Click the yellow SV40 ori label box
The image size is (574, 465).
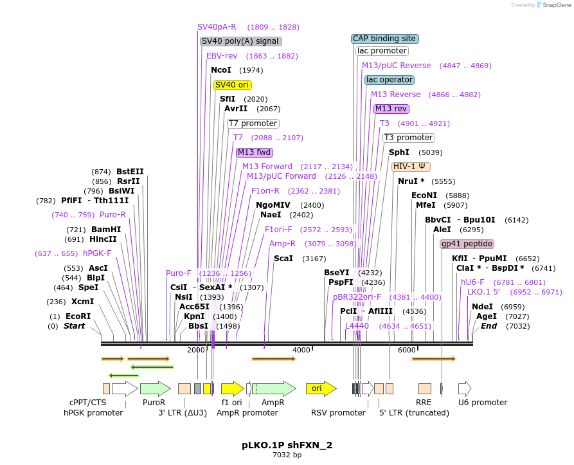(x=233, y=85)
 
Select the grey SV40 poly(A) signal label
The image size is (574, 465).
(x=241, y=41)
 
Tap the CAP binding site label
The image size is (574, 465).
(x=385, y=39)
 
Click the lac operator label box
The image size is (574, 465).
(x=390, y=80)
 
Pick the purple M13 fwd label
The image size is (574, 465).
(x=255, y=152)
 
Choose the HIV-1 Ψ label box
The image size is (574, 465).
(x=411, y=166)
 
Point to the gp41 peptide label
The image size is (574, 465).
(x=467, y=244)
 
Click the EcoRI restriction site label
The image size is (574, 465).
(x=78, y=316)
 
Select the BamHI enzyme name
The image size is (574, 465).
(x=105, y=229)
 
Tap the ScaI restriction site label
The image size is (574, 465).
(x=283, y=259)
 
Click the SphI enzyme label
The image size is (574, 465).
(x=399, y=152)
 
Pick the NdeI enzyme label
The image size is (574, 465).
(x=482, y=307)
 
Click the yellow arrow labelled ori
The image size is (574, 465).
(x=321, y=388)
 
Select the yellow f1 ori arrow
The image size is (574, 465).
(x=232, y=388)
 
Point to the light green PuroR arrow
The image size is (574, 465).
(x=155, y=388)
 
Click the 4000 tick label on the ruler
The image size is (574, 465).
(x=301, y=349)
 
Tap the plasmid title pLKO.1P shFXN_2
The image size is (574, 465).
(x=287, y=445)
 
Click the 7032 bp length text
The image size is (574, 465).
(x=287, y=455)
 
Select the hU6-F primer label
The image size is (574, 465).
(x=472, y=282)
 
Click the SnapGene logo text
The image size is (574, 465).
(x=557, y=5)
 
